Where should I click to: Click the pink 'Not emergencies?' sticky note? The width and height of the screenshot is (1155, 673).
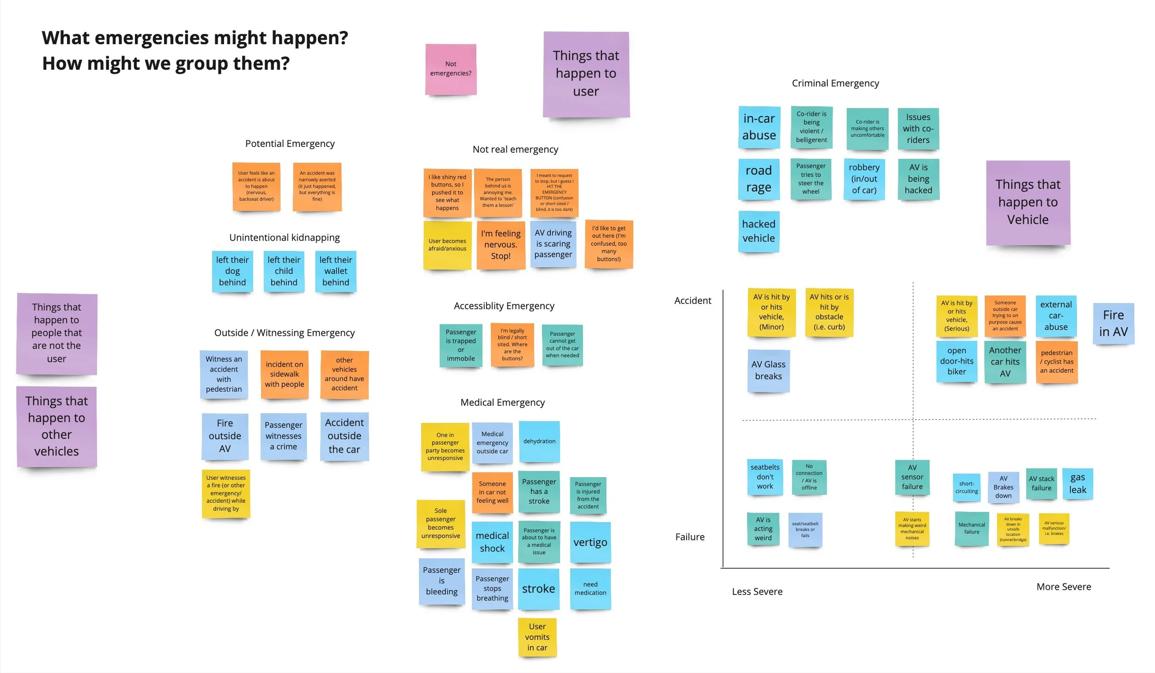(x=450, y=69)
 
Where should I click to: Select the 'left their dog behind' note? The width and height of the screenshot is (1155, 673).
(x=232, y=271)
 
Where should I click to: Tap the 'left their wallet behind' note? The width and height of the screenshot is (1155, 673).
(x=335, y=271)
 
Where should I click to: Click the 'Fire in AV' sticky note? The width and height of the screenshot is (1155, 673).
(x=1113, y=323)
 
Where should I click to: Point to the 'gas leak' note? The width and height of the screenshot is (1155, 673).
(x=1077, y=484)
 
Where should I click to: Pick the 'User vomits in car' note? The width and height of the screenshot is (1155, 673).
(x=537, y=637)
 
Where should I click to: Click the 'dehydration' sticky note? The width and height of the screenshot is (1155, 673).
(x=539, y=441)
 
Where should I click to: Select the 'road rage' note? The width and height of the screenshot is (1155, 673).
(x=759, y=179)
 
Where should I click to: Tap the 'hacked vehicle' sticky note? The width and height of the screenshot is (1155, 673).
(x=759, y=231)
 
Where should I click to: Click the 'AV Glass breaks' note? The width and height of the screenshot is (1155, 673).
(x=768, y=370)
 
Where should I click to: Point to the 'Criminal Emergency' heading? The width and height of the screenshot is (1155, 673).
(x=835, y=83)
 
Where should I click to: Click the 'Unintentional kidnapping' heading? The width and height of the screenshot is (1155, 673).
(x=284, y=237)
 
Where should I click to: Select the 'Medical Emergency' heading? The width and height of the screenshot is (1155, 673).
(x=502, y=402)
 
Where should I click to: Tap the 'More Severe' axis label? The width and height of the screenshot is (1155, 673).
(x=1064, y=587)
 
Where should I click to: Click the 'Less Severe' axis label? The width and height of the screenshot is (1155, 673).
(x=757, y=592)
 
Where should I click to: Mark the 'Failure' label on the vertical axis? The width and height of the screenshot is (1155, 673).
(x=690, y=537)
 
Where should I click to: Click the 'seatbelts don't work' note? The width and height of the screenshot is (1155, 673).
(x=765, y=477)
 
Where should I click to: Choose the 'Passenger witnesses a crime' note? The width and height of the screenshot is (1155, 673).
(x=283, y=436)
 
